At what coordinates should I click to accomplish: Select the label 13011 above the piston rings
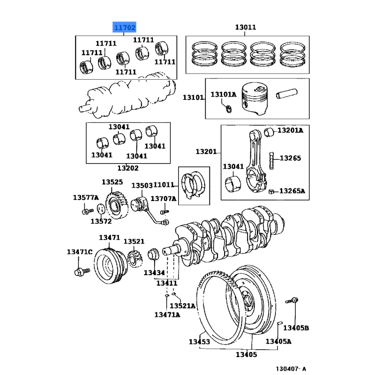[245, 27]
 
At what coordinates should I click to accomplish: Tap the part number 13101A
[223, 95]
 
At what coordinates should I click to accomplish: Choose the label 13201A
[290, 130]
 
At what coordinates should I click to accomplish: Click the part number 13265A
[292, 191]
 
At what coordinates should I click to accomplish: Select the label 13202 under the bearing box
[127, 168]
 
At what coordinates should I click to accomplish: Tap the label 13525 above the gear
[112, 182]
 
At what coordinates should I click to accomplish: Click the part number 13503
[142, 186]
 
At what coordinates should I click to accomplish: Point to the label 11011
[164, 186]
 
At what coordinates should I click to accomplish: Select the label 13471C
[79, 252]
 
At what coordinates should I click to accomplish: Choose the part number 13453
[199, 342]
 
